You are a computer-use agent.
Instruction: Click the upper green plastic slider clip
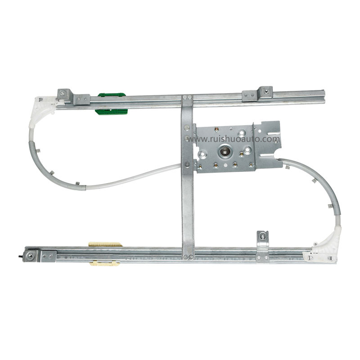click(112, 94)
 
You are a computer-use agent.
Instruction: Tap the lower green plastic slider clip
click(111, 112)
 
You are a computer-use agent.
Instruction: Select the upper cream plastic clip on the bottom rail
click(105, 244)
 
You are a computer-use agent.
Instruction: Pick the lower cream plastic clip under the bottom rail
click(105, 264)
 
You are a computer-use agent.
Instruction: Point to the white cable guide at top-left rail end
click(42, 112)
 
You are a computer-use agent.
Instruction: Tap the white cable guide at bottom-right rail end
click(324, 248)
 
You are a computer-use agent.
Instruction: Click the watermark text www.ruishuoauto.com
click(234, 139)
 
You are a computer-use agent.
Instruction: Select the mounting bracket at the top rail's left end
click(73, 97)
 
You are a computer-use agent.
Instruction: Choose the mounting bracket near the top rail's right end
click(257, 94)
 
